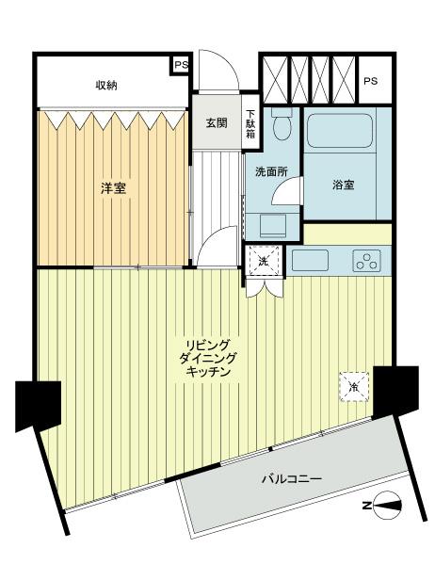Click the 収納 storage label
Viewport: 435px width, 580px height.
pyautogui.click(x=106, y=87)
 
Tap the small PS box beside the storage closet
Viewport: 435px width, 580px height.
pyautogui.click(x=180, y=66)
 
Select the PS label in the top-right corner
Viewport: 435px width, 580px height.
pyautogui.click(x=371, y=81)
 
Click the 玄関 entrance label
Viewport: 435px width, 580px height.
pyautogui.click(x=217, y=123)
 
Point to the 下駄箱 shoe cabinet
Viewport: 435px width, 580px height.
pyautogui.click(x=251, y=123)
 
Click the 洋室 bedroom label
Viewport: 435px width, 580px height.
pyautogui.click(x=115, y=188)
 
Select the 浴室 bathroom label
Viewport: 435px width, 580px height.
pyautogui.click(x=343, y=185)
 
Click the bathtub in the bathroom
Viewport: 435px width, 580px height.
pyautogui.click(x=341, y=131)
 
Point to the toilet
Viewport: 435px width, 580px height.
pyautogui.click(x=280, y=127)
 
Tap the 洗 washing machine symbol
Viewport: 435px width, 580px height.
pyautogui.click(x=263, y=261)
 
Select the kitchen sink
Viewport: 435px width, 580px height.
pyautogui.click(x=310, y=259)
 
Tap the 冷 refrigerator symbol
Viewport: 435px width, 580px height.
pyautogui.click(x=354, y=387)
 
